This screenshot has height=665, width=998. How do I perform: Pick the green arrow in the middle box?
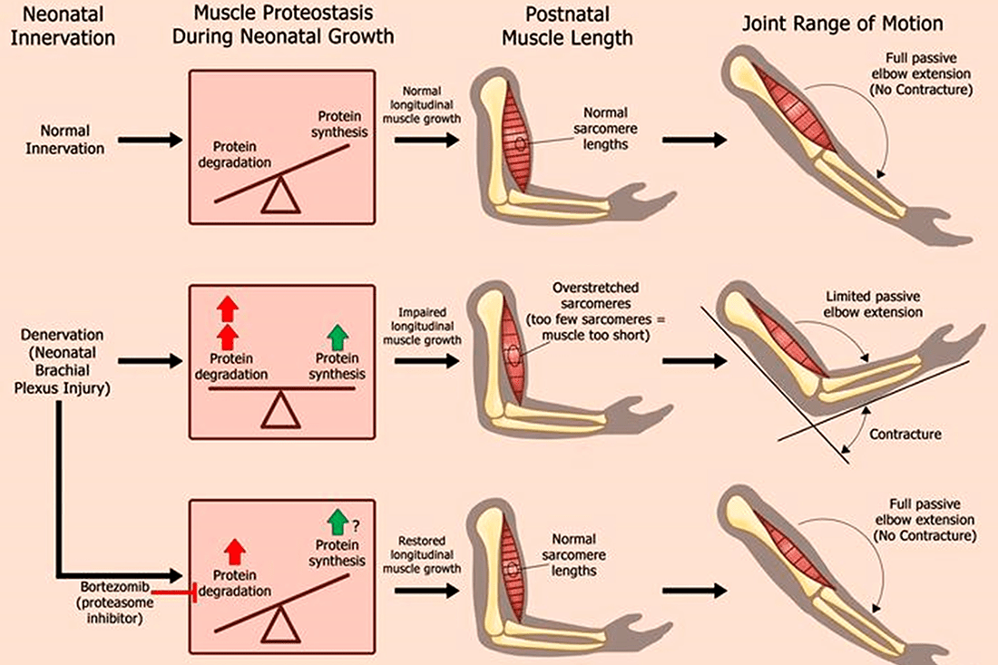pos(338,337)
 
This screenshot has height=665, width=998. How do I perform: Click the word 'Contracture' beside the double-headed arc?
pos(905,435)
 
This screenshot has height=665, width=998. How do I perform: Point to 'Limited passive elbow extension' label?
pos(874,305)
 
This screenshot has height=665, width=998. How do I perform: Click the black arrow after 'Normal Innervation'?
pos(151,140)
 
